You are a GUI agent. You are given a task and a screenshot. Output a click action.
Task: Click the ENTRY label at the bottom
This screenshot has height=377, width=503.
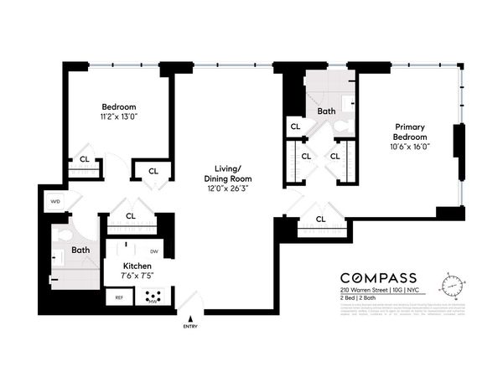coord(190,326)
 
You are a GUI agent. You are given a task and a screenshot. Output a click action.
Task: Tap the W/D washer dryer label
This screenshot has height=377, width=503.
coord(56,201)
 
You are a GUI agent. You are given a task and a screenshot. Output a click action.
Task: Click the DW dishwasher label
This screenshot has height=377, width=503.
coord(154,250)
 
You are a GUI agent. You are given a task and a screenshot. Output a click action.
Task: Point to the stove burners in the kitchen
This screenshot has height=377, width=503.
coord(153,296)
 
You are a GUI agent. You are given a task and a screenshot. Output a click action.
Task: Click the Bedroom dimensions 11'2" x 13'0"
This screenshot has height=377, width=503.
coord(119,117)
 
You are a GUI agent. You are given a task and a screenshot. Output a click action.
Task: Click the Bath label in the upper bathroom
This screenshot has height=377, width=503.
coord(326,111)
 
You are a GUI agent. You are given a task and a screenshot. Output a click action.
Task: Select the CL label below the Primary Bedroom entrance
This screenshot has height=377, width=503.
coord(321,219)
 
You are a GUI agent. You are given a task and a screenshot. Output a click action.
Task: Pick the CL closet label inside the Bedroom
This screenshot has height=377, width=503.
coord(85,158)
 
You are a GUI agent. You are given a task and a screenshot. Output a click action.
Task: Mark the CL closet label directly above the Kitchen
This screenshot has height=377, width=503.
coord(131,216)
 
